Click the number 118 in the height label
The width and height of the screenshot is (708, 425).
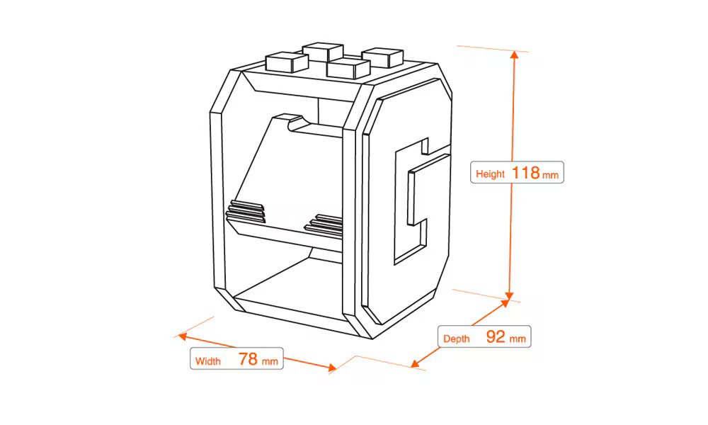pyautogui.click(x=525, y=173)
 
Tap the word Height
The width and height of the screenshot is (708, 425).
pyautogui.click(x=490, y=174)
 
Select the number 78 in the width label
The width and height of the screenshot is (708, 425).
pyautogui.click(x=248, y=359)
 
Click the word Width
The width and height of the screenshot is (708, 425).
pyautogui.click(x=208, y=361)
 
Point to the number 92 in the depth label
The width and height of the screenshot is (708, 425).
pyautogui.click(x=496, y=337)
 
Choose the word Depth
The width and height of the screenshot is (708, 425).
pyautogui.click(x=456, y=339)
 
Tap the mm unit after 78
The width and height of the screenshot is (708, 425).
pyautogui.click(x=270, y=361)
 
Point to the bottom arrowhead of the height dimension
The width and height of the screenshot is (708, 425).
pyautogui.click(x=509, y=295)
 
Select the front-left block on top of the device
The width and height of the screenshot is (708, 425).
pyautogui.click(x=280, y=62)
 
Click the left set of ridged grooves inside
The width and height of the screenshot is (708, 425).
pyautogui.click(x=246, y=210)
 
